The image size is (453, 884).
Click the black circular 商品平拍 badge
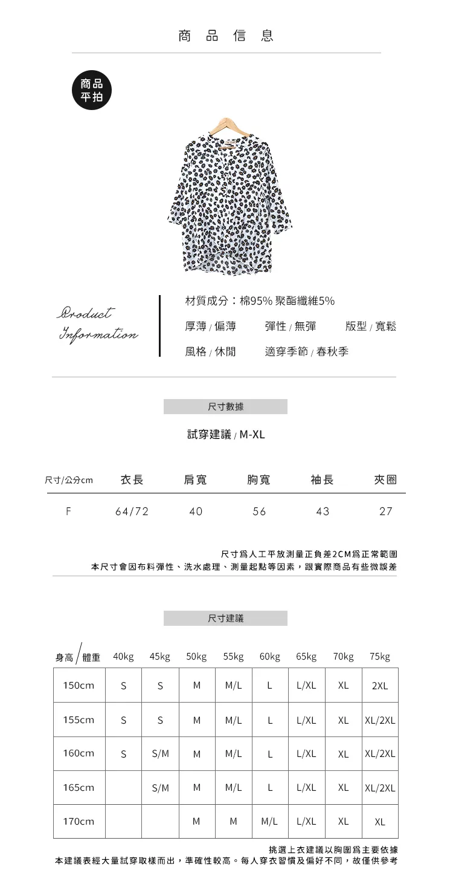tap(92, 90)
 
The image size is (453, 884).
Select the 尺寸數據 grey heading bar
tap(225, 407)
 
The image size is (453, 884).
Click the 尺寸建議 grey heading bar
tap(225, 618)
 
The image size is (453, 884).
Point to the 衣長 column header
tap(132, 480)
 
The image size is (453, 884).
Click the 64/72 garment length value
tap(132, 512)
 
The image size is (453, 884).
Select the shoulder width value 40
tap(196, 512)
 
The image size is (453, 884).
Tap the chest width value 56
tap(259, 512)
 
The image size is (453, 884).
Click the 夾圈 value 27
tap(386, 512)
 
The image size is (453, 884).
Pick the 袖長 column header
tap(322, 480)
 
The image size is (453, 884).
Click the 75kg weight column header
tap(380, 657)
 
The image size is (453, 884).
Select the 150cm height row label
tap(79, 686)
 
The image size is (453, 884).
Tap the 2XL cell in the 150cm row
tap(380, 686)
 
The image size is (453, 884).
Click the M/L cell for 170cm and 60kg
tap(270, 822)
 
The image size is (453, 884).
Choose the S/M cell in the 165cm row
tap(160, 788)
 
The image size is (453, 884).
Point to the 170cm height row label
tap(79, 822)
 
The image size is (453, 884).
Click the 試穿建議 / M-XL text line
tap(226, 435)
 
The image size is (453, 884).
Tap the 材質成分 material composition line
tap(260, 301)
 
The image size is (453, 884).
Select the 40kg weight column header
tap(123, 657)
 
